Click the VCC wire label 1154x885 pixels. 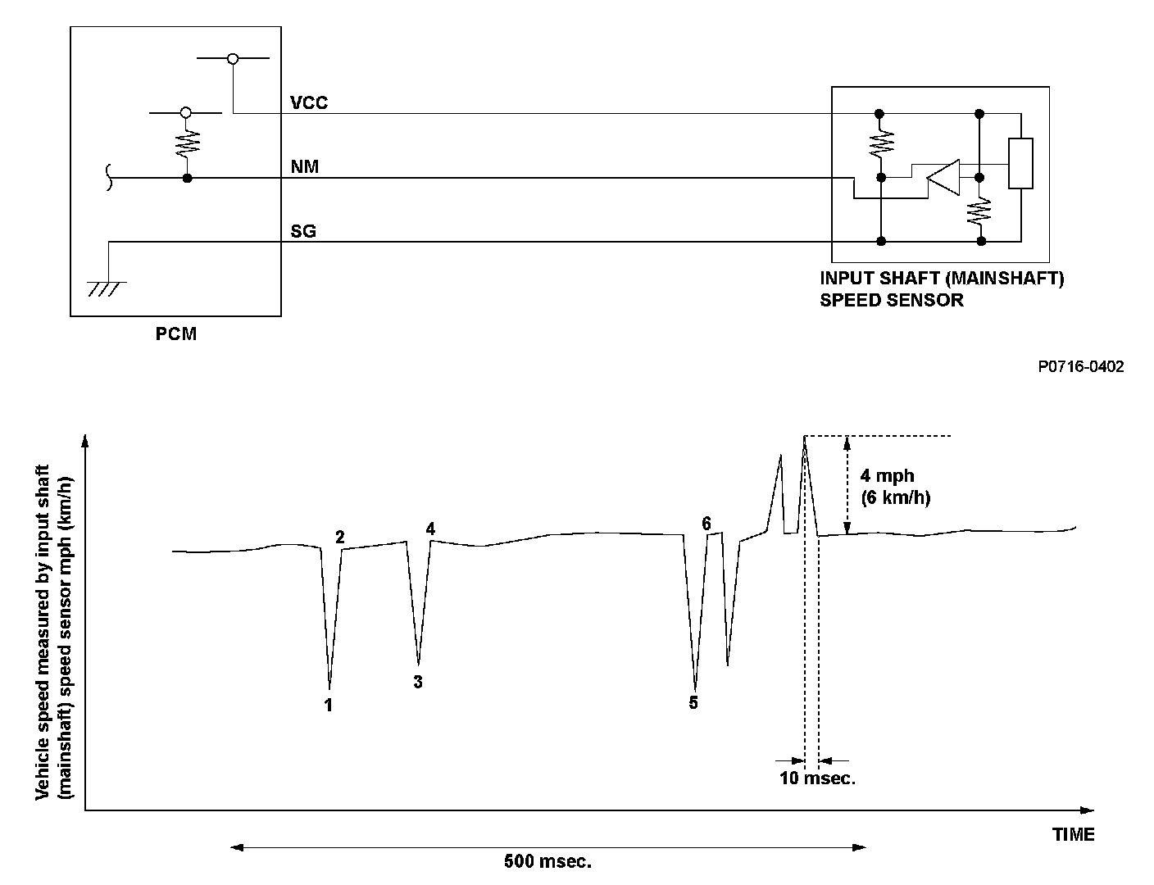(x=309, y=102)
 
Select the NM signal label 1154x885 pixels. (x=305, y=167)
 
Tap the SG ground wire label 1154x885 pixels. (x=303, y=232)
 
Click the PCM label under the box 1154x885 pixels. (x=176, y=334)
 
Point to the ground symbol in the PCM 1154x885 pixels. (x=107, y=287)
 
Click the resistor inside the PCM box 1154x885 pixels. (x=188, y=145)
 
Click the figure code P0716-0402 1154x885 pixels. (x=1080, y=367)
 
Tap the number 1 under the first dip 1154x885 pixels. (x=329, y=705)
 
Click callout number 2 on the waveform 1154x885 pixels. (x=340, y=537)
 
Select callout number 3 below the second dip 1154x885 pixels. (x=418, y=682)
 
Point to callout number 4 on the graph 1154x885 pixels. (x=430, y=529)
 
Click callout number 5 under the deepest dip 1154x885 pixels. (x=693, y=703)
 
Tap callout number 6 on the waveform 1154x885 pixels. (x=706, y=523)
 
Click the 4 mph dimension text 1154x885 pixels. (x=887, y=476)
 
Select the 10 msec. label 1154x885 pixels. (x=817, y=778)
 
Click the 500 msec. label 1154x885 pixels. (x=547, y=862)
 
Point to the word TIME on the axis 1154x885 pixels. (x=1074, y=835)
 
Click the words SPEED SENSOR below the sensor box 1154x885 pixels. (x=892, y=300)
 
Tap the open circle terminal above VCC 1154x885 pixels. (x=234, y=59)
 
